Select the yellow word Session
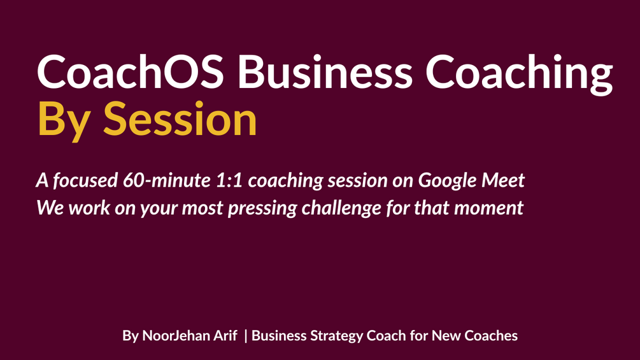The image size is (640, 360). coord(180,119)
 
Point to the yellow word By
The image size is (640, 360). coord(64,122)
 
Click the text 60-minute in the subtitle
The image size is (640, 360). coord(167,180)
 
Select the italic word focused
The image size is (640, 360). coord(85,180)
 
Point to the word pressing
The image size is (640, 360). coord(262,208)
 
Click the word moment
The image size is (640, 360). coord(488,208)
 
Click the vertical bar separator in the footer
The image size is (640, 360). coord(245,336)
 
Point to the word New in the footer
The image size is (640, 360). coord(446,336)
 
